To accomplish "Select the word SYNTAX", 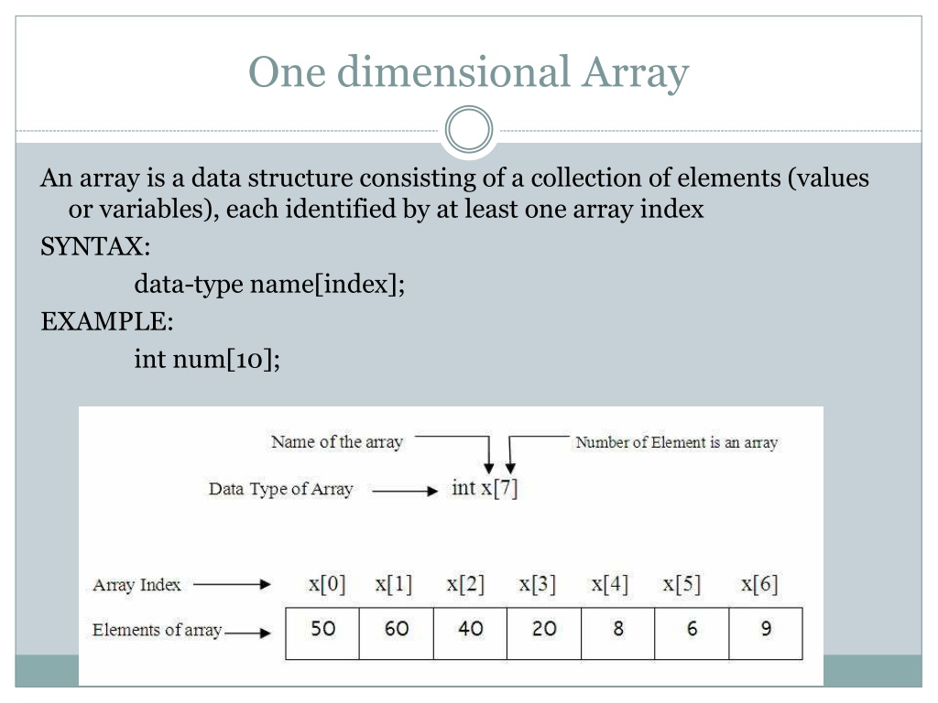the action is tap(93, 246).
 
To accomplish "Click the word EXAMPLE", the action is tap(104, 321).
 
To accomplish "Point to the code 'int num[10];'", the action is tap(207, 359).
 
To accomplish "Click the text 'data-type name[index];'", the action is tap(270, 284).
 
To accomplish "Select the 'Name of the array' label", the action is tap(337, 442).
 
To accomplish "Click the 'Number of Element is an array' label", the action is tap(677, 442).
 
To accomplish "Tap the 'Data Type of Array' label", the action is tap(280, 489).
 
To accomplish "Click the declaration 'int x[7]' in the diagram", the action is tap(485, 488).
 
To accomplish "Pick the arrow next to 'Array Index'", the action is tap(232, 585).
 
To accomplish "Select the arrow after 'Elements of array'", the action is tap(247, 633).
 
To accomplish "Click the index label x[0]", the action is tap(327, 583).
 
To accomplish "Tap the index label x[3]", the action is tap(537, 583).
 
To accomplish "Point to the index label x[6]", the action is tap(759, 583).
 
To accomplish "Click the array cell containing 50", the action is tap(322, 633).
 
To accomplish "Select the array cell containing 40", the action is tap(470, 633).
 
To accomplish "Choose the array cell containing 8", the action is tap(618, 633).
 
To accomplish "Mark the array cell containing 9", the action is tap(766, 633).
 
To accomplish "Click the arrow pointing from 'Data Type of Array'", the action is tap(405, 492).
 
